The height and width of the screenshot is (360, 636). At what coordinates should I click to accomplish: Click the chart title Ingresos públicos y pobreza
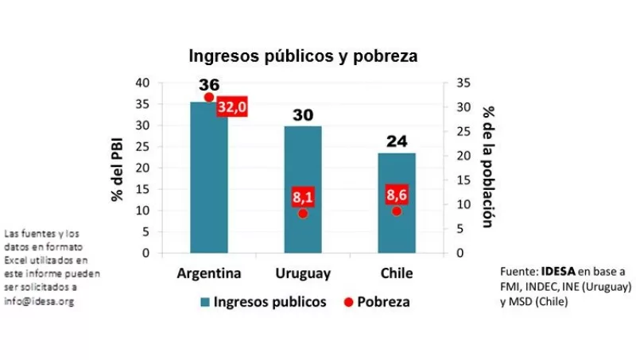tap(302, 56)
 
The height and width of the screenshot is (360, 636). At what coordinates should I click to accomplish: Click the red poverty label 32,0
tap(232, 107)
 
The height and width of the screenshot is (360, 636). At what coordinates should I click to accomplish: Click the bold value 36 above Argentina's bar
tap(209, 84)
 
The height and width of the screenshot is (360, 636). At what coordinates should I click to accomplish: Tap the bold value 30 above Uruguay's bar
tap(303, 115)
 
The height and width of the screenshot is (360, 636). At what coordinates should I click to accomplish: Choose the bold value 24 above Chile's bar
tap(397, 141)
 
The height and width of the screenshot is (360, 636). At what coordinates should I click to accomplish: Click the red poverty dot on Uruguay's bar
tap(303, 213)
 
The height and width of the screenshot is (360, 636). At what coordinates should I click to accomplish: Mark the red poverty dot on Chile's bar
tap(397, 211)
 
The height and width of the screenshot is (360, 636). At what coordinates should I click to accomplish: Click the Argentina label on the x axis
tap(209, 273)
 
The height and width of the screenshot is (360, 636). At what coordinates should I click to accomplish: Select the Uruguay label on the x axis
tap(303, 273)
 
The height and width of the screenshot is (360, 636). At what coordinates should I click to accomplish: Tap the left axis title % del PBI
tap(118, 168)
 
